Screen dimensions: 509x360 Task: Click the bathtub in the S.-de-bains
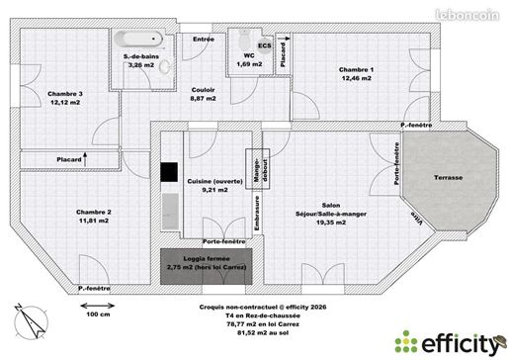[x=138, y=39]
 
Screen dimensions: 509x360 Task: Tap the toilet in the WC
[x=244, y=39]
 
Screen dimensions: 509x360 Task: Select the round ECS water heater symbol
[x=265, y=45]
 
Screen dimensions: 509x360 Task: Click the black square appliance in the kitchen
[x=169, y=172]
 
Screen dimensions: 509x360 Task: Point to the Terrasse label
[x=448, y=177]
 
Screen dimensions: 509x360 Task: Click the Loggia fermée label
[x=207, y=259]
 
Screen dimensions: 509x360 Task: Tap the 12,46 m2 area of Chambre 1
[x=357, y=78]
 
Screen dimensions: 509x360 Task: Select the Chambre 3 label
[x=65, y=94]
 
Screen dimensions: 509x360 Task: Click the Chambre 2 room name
[x=94, y=212]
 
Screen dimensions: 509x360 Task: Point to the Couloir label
[x=203, y=90]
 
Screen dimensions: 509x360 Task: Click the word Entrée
[x=204, y=39]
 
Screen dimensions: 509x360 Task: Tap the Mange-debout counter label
[x=260, y=170]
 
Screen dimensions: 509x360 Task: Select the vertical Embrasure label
[x=257, y=214]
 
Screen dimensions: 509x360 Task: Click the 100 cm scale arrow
[x=98, y=306]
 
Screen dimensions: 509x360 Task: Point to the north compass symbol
[x=31, y=321]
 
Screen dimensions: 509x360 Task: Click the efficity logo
[x=451, y=344]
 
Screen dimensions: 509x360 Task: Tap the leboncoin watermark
[x=467, y=15]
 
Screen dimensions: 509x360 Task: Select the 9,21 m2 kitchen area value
[x=214, y=190]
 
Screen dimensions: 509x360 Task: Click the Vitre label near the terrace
[x=417, y=218]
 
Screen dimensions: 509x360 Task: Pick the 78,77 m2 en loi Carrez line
[x=263, y=324]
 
